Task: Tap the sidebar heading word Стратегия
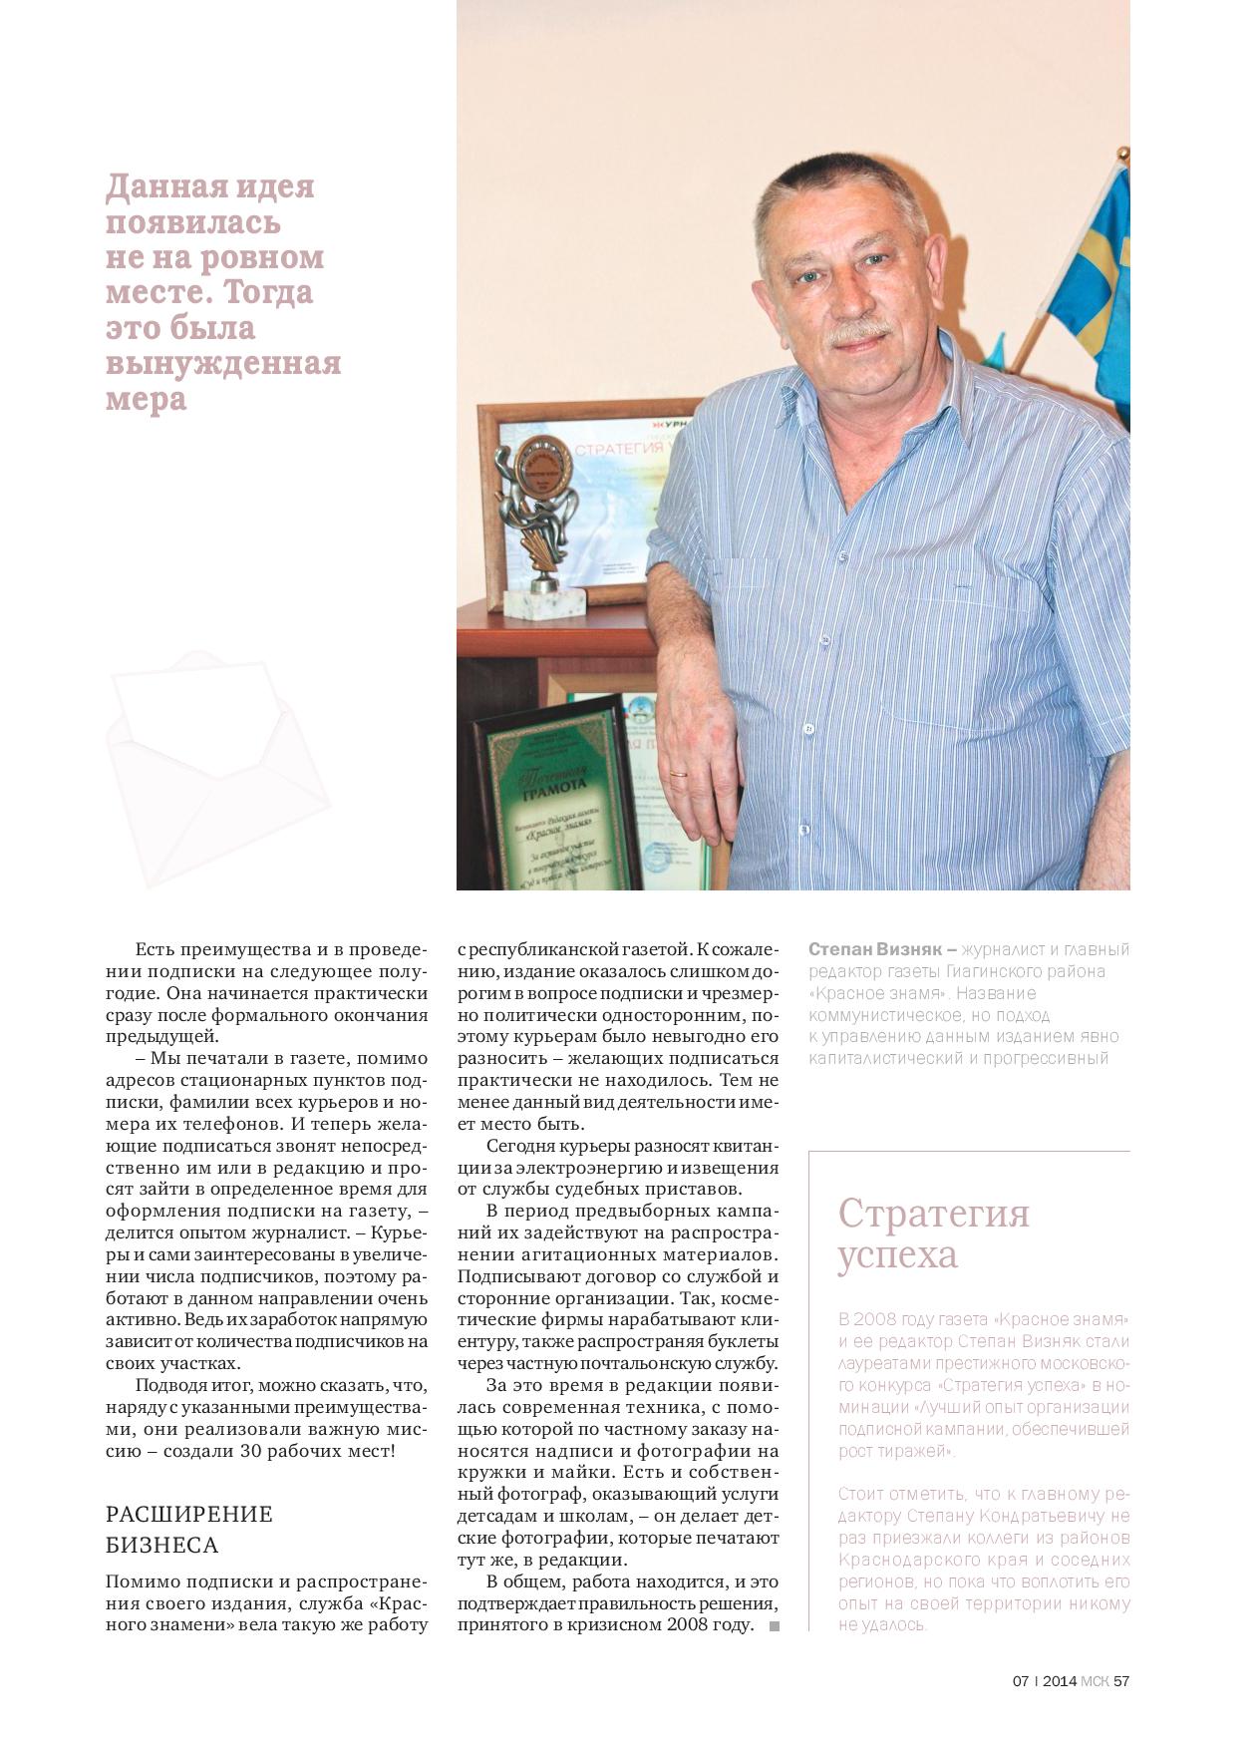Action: [x=933, y=1214]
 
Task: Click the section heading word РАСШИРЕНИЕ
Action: [x=189, y=1514]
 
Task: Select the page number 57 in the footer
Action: [x=1121, y=1680]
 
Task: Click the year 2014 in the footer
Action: [x=1060, y=1680]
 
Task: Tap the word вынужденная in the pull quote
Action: [x=223, y=362]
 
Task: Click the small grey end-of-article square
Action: [x=775, y=1626]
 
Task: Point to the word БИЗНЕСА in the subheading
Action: [x=161, y=1545]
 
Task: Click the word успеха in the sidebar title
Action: [x=897, y=1255]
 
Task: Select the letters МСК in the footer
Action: [x=1095, y=1680]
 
